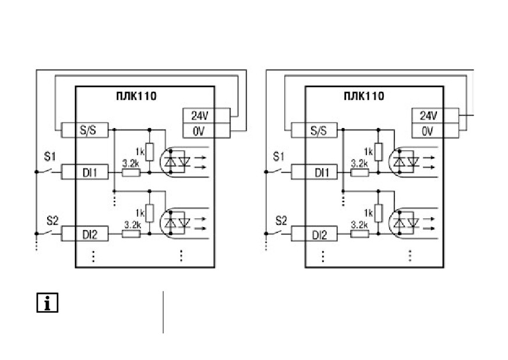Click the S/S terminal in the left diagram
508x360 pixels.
84,130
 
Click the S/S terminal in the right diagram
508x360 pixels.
314,130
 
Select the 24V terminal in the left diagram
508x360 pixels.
206,116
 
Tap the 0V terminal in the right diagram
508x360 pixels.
435,130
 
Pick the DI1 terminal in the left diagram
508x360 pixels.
84,172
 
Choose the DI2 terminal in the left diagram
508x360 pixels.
84,234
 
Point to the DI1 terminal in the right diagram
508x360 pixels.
314,172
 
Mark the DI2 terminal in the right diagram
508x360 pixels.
314,234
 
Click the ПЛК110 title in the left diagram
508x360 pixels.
136,96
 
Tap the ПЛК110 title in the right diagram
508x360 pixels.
364,96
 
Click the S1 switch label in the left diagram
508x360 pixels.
50,157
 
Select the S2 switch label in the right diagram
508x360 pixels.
281,221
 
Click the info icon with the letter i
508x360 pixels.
47,303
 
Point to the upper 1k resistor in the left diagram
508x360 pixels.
149,151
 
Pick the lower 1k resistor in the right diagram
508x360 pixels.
378,213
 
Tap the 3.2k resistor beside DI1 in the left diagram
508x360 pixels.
131,172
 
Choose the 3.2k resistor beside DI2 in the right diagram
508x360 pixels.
359,234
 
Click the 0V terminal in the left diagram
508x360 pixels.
206,130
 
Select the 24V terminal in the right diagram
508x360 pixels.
435,116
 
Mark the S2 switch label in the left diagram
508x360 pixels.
52,221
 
